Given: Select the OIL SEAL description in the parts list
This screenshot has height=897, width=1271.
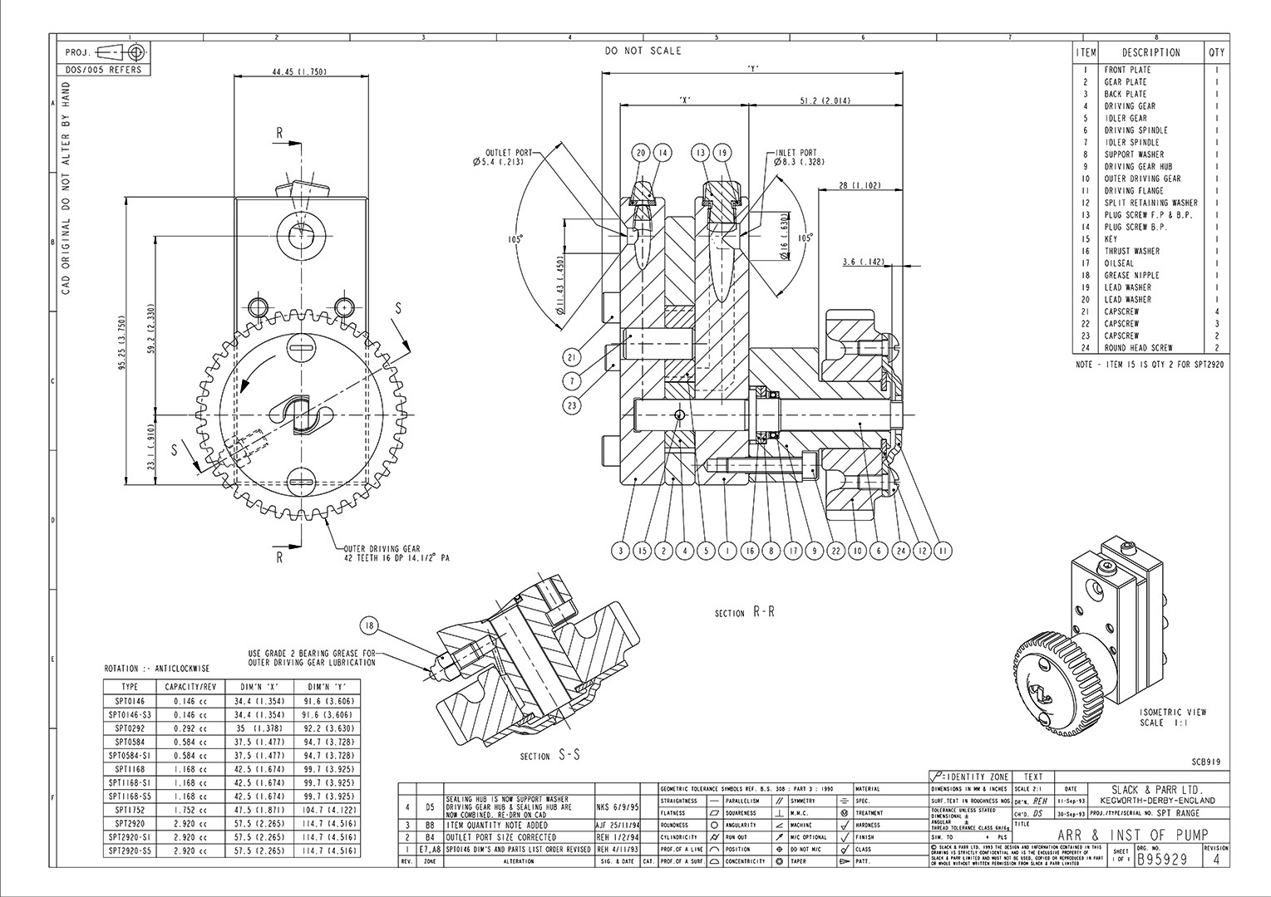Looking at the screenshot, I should tap(1119, 263).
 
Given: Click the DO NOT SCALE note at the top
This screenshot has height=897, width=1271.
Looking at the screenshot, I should tap(643, 51).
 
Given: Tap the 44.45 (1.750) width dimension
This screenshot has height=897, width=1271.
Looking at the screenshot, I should tap(298, 72).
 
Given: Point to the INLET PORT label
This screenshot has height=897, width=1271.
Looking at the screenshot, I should tap(796, 153).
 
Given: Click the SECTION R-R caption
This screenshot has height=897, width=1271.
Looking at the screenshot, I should tap(744, 613).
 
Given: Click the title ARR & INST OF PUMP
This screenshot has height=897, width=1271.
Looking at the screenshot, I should tap(1131, 836).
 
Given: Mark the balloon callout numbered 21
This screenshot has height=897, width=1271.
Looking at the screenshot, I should tap(571, 357).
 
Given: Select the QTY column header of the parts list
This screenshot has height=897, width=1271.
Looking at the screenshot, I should tap(1216, 52).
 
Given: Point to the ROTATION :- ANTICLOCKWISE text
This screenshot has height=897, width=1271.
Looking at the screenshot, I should tap(156, 669).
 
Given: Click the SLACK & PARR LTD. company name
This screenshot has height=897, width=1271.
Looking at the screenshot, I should tap(1156, 791).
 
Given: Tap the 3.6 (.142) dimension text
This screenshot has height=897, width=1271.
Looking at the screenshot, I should tap(863, 262).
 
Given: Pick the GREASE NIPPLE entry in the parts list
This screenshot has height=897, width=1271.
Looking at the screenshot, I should tap(1131, 275).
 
